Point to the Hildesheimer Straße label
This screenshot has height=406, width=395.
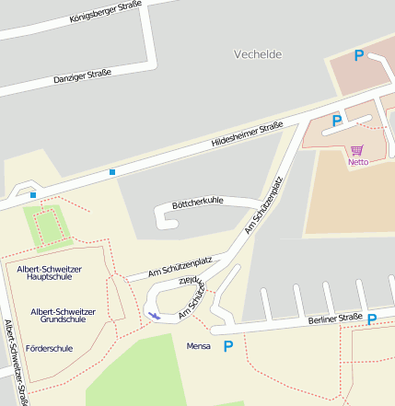[x=247, y=135]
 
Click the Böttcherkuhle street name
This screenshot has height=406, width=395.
[x=198, y=203]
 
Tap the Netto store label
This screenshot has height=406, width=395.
[x=357, y=162]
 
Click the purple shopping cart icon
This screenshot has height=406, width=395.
[x=357, y=149]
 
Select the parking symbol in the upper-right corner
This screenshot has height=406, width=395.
[x=359, y=56]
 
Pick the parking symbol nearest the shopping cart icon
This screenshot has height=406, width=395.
[x=337, y=121]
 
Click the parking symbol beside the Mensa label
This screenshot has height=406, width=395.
[x=228, y=346]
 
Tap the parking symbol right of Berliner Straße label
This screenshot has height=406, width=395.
[x=372, y=319]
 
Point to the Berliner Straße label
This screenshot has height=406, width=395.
[x=336, y=319]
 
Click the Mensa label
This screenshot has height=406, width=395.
[x=199, y=346]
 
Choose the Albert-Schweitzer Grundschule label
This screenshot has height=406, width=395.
[x=58, y=316]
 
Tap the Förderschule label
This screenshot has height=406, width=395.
[x=51, y=349]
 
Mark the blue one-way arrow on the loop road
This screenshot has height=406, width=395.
[x=154, y=316]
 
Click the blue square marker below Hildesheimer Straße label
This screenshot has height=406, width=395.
[x=112, y=171]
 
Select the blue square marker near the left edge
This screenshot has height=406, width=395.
[x=33, y=194]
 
